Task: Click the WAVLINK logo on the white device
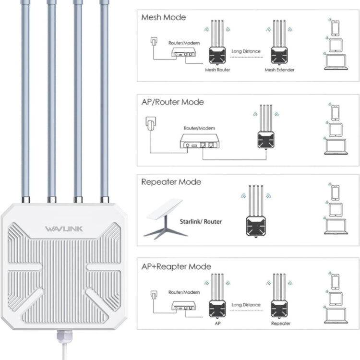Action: pyautogui.click(x=63, y=228)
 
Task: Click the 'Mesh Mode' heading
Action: pyautogui.click(x=163, y=17)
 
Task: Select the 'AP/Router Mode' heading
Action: pyautogui.click(x=172, y=102)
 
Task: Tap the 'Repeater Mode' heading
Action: pyautogui.click(x=171, y=182)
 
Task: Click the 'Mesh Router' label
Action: pyautogui.click(x=217, y=70)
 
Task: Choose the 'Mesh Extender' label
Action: pyautogui.click(x=279, y=70)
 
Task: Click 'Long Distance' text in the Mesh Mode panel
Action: pyautogui.click(x=246, y=51)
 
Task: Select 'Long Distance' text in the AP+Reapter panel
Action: pyautogui.click(x=246, y=304)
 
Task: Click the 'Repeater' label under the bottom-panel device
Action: pyautogui.click(x=280, y=324)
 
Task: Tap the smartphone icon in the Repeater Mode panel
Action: pyautogui.click(x=335, y=192)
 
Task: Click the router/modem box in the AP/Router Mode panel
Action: pyautogui.click(x=199, y=141)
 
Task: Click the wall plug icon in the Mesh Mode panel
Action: pyautogui.click(x=153, y=42)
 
